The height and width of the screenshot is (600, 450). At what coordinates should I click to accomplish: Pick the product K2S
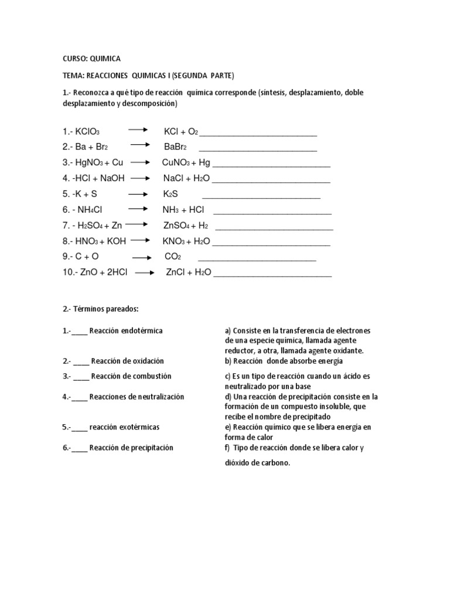tap(170, 193)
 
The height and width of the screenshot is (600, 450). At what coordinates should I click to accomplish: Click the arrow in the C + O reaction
tap(142, 257)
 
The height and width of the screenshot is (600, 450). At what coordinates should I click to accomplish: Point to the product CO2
tap(173, 257)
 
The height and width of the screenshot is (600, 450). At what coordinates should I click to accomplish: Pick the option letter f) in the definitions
tap(227, 448)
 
